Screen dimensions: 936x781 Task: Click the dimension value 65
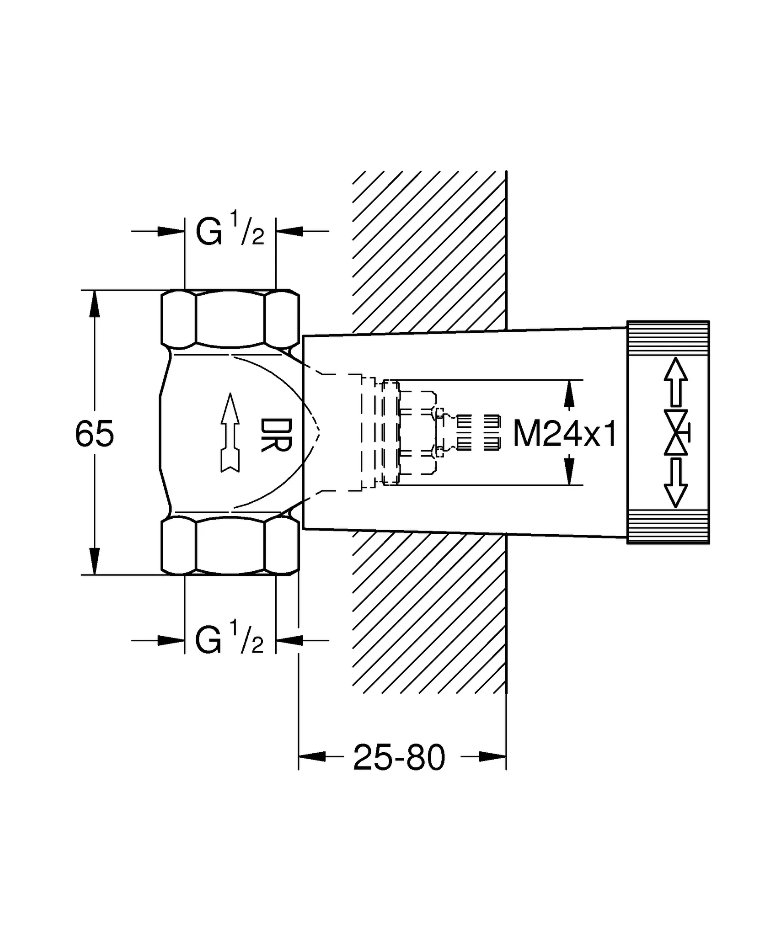(x=94, y=434)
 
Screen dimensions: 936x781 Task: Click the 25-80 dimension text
(x=399, y=758)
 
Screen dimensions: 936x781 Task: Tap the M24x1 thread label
(x=565, y=434)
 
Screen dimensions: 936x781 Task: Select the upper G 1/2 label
(x=230, y=231)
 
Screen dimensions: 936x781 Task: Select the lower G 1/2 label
(x=230, y=640)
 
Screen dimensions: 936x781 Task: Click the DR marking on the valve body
(x=276, y=435)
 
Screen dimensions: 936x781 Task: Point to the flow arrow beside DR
(x=230, y=432)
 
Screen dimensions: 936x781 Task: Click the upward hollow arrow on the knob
(x=675, y=382)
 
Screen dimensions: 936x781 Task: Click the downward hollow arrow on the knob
(x=675, y=484)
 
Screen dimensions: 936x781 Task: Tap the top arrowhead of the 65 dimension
(x=94, y=303)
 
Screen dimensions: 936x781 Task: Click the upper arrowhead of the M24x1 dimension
(x=568, y=394)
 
